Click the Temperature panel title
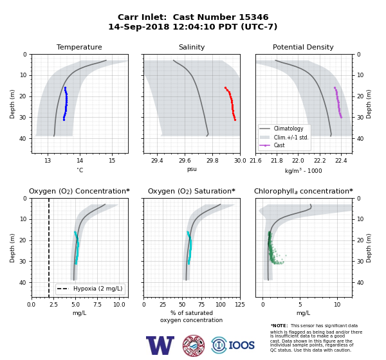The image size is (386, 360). (79, 47)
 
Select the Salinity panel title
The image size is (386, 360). (192, 47)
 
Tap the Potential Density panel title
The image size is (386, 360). (303, 47)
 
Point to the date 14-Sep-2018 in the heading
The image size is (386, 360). (139, 26)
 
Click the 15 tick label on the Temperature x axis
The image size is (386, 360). (112, 161)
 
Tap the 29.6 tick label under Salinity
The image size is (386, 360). (185, 161)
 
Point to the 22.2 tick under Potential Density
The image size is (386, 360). (320, 161)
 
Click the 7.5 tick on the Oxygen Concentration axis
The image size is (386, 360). (97, 304)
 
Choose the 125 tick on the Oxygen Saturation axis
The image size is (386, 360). (239, 304)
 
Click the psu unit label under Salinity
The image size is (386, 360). (192, 169)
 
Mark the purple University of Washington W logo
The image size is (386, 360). (160, 345)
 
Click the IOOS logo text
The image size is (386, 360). (241, 345)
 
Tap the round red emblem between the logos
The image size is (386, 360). (194, 345)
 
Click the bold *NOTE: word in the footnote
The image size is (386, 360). (279, 325)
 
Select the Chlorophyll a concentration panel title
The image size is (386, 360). (304, 191)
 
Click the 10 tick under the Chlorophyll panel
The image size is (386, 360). (337, 304)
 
